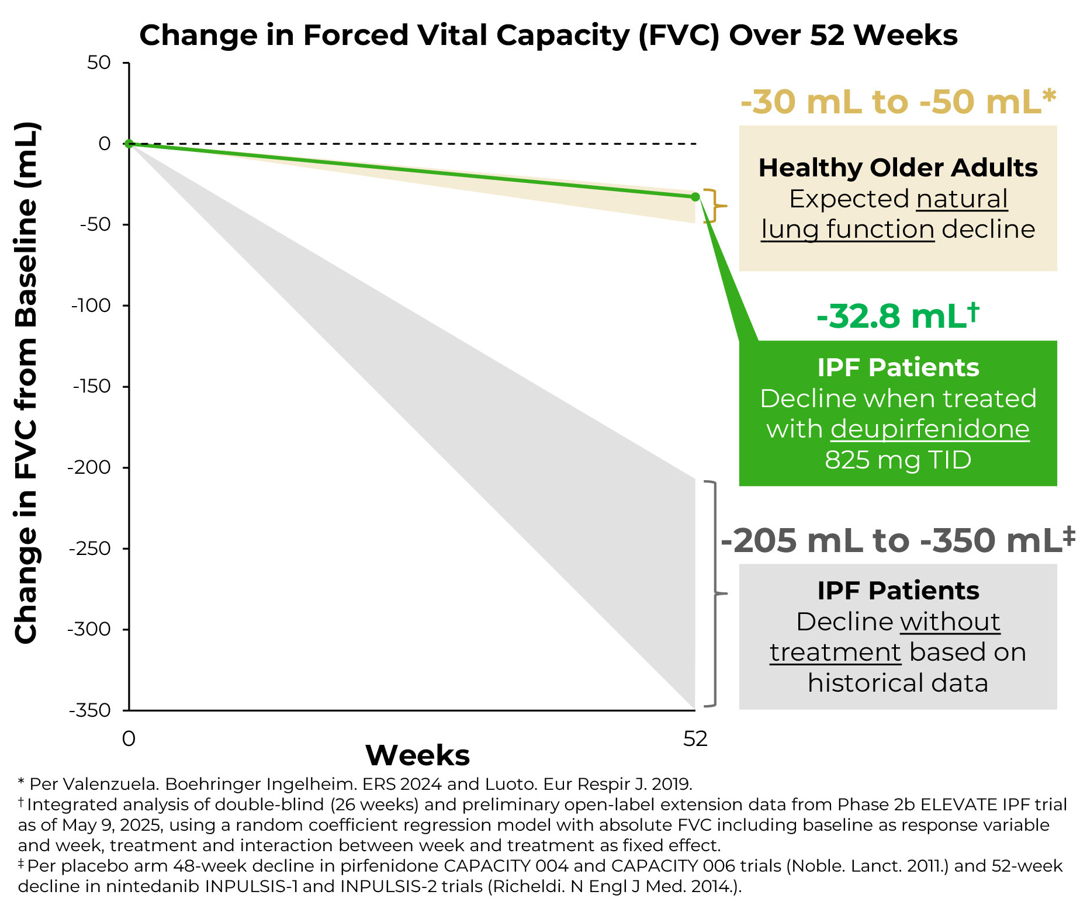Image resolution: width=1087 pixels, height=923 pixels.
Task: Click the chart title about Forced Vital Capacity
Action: [x=548, y=35]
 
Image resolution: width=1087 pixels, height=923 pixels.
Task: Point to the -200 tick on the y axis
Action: [x=89, y=467]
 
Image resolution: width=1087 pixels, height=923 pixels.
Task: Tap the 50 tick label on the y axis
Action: [x=99, y=63]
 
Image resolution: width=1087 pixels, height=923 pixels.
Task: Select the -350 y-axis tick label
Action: [x=89, y=710]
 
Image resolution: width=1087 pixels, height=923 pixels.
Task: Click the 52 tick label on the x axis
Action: [x=695, y=739]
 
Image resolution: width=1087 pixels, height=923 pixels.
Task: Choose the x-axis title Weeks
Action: [x=417, y=755]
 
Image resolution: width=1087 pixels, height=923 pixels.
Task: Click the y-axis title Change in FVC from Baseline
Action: [x=27, y=383]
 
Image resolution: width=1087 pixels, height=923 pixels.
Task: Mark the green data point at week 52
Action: [x=695, y=197]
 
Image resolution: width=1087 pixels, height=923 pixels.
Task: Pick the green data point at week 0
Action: [x=129, y=144]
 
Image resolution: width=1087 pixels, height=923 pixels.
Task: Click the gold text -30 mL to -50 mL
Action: [x=898, y=102]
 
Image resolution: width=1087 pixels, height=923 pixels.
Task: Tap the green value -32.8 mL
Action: [x=898, y=316]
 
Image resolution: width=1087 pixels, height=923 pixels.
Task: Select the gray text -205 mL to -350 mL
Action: [x=898, y=540]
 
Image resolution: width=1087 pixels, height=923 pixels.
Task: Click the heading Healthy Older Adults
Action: [x=898, y=168]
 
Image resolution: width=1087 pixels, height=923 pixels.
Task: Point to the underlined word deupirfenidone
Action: [x=930, y=429]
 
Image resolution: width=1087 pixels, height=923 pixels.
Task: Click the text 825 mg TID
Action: [x=898, y=460]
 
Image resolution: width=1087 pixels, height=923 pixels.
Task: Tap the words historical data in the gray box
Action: [x=898, y=682]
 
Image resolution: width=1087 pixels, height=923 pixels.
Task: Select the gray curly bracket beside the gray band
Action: [x=714, y=594]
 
